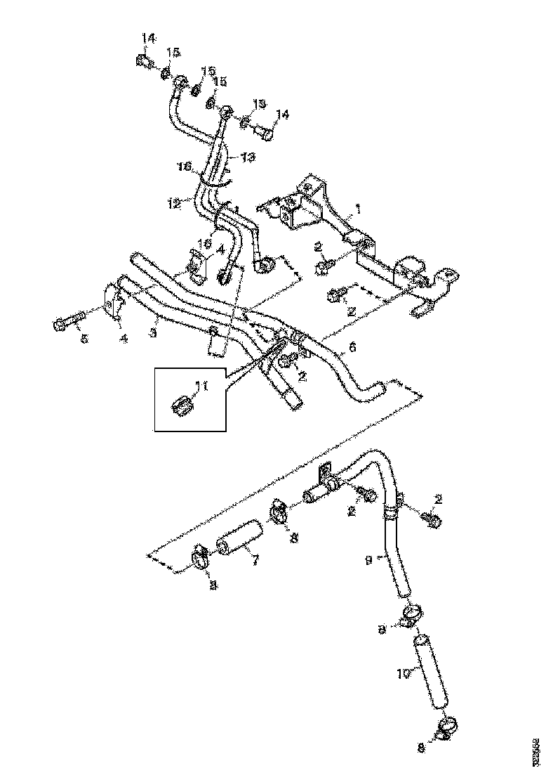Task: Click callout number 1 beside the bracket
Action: click(x=357, y=209)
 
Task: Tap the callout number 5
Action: click(x=84, y=339)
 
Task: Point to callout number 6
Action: click(x=352, y=346)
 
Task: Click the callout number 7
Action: click(x=255, y=561)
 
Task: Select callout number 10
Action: click(x=402, y=674)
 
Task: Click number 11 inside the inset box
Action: click(x=202, y=385)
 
